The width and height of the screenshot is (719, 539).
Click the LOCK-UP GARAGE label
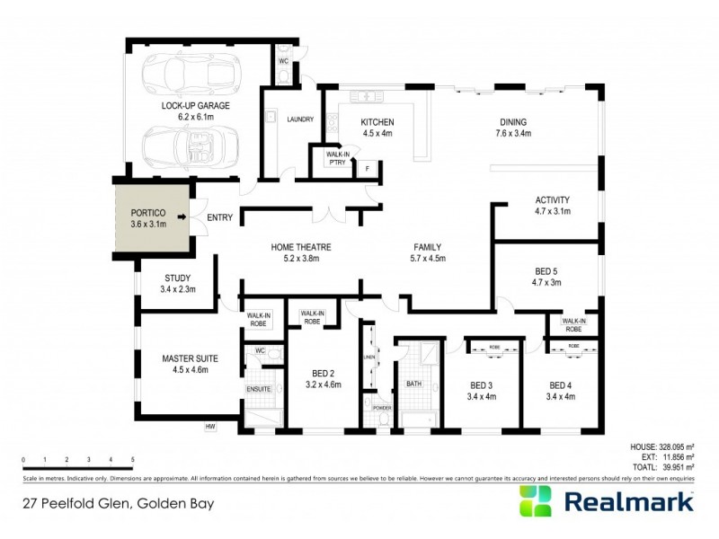[196, 105]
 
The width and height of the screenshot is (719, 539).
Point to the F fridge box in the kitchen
[366, 168]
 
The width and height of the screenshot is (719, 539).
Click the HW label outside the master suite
[211, 426]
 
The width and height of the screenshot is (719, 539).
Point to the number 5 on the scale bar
[132, 459]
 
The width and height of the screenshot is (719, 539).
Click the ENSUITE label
[259, 389]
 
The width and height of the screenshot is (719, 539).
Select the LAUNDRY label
[298, 119]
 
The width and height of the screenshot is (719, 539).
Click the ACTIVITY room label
[553, 199]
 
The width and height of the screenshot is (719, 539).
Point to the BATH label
[413, 384]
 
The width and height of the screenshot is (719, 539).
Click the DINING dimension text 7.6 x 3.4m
[512, 133]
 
